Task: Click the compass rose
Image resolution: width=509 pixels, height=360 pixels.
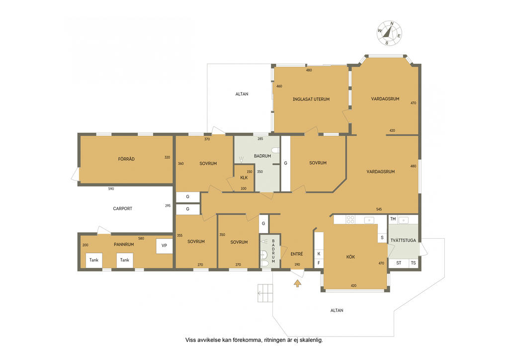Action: click(x=389, y=33)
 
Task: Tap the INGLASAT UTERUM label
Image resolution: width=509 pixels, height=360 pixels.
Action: click(x=311, y=99)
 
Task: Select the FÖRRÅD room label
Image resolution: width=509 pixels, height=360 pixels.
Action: click(x=126, y=159)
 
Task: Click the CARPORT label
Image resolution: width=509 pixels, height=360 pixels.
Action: click(x=122, y=208)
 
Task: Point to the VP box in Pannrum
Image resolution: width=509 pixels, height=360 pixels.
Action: click(x=164, y=246)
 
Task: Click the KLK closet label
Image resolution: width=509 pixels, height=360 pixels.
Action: click(x=244, y=178)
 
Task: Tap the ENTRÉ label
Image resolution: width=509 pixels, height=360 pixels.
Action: click(x=297, y=254)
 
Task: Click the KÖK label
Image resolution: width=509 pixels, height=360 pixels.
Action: click(x=350, y=257)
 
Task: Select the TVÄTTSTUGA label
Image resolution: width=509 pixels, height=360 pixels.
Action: click(x=403, y=241)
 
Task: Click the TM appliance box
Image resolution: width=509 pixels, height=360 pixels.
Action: click(x=393, y=219)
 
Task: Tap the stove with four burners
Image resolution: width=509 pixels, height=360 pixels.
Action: click(x=350, y=219)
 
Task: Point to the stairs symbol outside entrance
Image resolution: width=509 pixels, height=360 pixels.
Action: click(x=265, y=293)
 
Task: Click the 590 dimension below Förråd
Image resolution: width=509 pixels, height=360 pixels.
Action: click(x=111, y=188)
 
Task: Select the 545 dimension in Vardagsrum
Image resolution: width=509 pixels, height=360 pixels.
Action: click(x=379, y=209)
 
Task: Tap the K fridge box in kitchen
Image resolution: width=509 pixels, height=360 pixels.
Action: click(x=319, y=254)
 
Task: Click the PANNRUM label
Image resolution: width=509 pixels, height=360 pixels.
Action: click(x=124, y=245)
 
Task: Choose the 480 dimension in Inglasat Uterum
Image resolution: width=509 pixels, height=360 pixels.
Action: click(x=309, y=70)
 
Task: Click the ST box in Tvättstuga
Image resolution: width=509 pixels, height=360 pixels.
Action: click(x=399, y=263)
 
